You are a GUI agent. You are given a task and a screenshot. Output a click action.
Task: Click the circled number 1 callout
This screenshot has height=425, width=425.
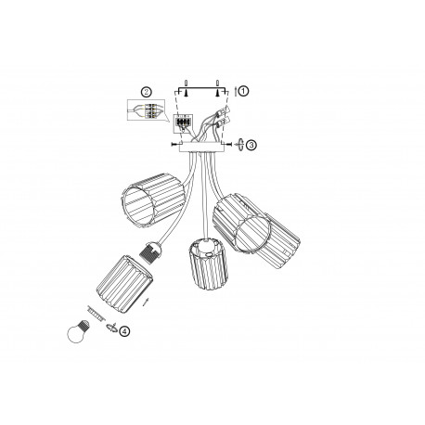[x=243, y=91]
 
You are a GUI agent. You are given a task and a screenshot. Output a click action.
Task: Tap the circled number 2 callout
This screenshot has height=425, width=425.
[x=146, y=92]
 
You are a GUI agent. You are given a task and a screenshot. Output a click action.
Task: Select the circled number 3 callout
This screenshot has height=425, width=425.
[x=251, y=145]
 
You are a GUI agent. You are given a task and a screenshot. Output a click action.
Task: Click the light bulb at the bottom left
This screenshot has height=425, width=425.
[x=77, y=331]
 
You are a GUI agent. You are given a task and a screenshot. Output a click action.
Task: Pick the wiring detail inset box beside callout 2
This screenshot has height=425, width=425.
[x=147, y=112]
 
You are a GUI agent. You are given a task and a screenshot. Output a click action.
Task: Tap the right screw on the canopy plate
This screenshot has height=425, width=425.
[x=226, y=146]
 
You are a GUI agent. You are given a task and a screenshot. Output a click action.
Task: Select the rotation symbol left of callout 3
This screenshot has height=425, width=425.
[x=238, y=145]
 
